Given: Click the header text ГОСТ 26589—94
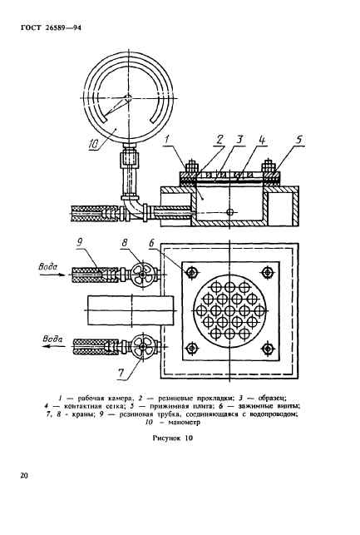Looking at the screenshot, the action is [x=51, y=28].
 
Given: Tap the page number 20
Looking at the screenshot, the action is [x=24, y=475].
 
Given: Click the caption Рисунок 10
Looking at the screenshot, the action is [x=172, y=438].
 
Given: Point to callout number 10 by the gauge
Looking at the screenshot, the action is [x=93, y=144].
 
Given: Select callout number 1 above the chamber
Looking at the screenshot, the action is [x=166, y=139].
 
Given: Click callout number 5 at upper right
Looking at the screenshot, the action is [x=299, y=139].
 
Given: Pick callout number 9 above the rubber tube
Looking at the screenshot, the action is [x=80, y=243].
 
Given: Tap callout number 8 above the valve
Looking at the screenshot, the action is [x=125, y=243].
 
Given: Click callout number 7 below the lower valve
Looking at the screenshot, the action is [x=121, y=372].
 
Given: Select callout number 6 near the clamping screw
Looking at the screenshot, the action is [x=151, y=243].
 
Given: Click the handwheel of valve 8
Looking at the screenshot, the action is [x=142, y=272].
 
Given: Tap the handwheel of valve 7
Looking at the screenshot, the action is [x=142, y=346].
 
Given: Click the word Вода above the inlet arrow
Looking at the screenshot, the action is [x=48, y=266].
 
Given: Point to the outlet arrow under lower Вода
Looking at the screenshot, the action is [x=53, y=346].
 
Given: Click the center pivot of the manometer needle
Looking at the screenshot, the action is [x=128, y=98].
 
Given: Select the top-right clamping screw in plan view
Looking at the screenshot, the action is [x=268, y=272].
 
